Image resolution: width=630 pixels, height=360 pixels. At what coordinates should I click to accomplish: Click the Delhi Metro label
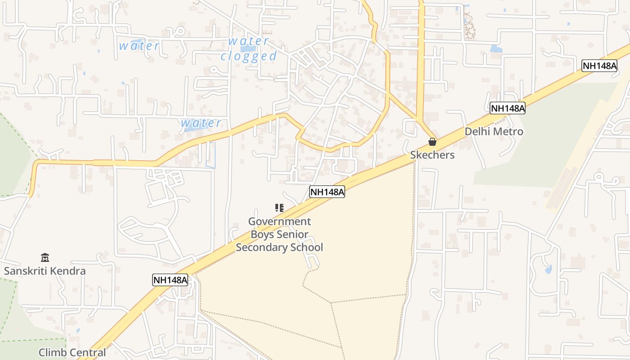494,131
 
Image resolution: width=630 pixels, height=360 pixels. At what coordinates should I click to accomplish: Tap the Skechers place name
432,155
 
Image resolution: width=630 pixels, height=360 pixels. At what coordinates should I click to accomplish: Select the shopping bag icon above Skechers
432,142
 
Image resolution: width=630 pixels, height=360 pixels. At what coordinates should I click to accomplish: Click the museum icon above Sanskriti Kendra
45,258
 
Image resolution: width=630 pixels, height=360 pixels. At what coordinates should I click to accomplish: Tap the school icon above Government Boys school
279,208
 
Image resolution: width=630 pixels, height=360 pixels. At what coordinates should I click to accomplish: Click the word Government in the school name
279,221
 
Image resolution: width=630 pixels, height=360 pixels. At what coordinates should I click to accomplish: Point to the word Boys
262,234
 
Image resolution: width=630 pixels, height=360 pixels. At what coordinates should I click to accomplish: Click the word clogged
248,56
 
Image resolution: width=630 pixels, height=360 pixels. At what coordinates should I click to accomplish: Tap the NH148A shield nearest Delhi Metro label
508,108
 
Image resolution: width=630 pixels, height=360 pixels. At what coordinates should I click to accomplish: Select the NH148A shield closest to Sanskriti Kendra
170,280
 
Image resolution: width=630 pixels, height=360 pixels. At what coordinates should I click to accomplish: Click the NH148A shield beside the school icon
327,192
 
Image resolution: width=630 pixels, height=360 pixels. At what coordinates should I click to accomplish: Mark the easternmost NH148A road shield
599,66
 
